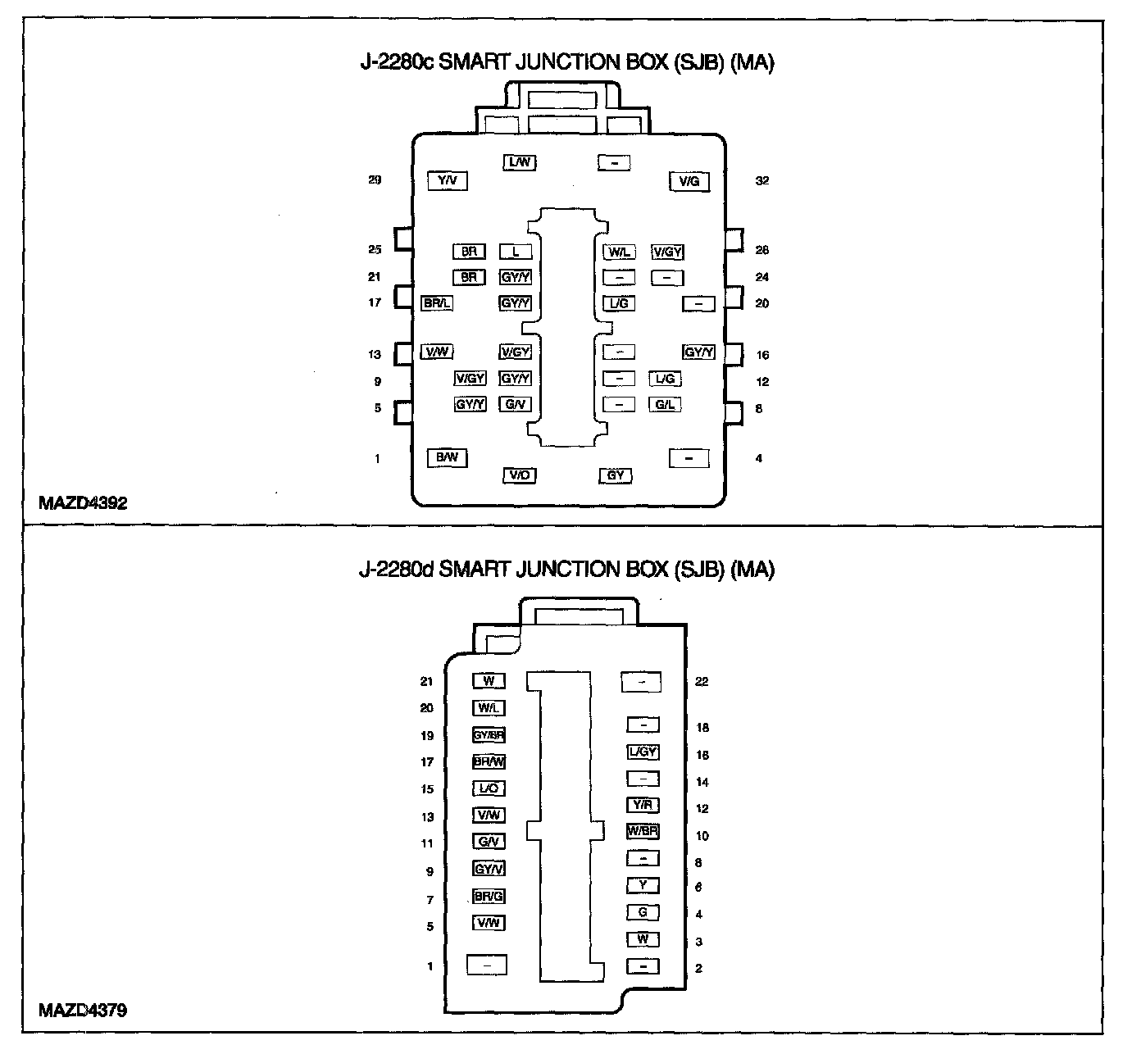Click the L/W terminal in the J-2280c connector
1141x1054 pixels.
pos(519,162)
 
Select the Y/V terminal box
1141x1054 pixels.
pos(448,181)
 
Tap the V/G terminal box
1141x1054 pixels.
pos(689,181)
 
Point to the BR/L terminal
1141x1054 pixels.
pos(436,303)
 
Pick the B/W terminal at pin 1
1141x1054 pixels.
pos(447,457)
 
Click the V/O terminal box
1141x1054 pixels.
pos(519,475)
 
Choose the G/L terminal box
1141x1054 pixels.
pos(665,404)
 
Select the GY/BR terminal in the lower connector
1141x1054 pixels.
pos(489,735)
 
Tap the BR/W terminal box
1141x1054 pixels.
pos(489,761)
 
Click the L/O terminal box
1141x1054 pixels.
pos(489,788)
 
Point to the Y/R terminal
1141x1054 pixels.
pos(643,805)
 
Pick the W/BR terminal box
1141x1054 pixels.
pos(643,831)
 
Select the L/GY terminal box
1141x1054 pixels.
pos(643,752)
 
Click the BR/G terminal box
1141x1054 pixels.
pos(489,896)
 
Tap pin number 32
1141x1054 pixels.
pos(762,180)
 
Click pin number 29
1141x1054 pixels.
pos(375,180)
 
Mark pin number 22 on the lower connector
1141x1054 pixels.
pos(702,681)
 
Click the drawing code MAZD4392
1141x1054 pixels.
pos(83,503)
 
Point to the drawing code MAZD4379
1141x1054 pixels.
pos(83,1010)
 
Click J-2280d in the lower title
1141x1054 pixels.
pos(396,570)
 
